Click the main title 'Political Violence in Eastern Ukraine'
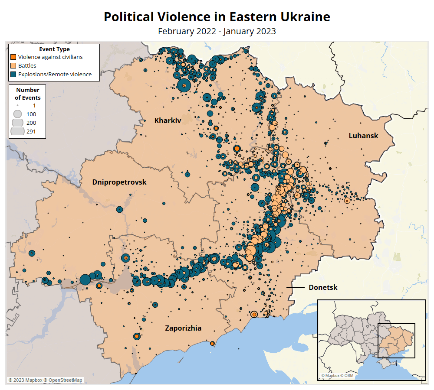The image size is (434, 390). [217, 17]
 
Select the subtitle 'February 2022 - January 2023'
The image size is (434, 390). [217, 31]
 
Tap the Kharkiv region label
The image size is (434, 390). [168, 120]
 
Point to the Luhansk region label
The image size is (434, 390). [363, 136]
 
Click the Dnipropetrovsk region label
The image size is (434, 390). [119, 182]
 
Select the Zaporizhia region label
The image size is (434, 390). [183, 328]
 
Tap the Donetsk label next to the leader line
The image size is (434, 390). [323, 287]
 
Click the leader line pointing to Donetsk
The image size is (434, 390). [295, 287]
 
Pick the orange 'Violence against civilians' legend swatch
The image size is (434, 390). [13, 57]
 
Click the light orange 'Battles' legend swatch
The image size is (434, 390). [13, 65]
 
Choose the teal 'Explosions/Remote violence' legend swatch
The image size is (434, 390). [13, 74]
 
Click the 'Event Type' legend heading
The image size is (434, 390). [54, 49]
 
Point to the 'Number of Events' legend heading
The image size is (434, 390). [28, 94]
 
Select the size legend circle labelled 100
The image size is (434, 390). [18, 114]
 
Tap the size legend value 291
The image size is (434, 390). [31, 132]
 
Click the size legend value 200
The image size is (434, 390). [31, 123]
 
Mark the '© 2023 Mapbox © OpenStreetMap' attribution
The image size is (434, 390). [45, 380]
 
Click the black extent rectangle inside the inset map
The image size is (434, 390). [396, 341]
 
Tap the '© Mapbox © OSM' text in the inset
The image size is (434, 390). [337, 376]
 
